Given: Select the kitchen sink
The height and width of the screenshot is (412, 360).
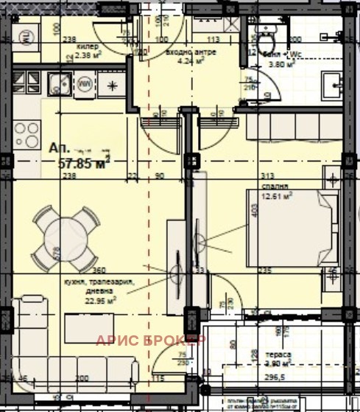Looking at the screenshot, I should (57, 83).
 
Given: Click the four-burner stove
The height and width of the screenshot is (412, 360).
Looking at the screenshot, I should (27, 134).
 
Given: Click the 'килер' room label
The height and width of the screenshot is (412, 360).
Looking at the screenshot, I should (86, 43).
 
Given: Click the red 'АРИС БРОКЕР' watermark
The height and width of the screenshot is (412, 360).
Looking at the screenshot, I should (152, 340).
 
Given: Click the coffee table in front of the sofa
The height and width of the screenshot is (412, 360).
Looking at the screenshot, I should (87, 324).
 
